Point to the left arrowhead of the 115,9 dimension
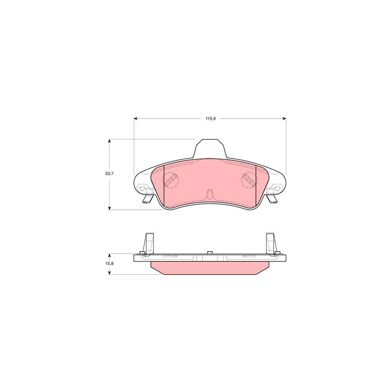136,118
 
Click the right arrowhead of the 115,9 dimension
285,118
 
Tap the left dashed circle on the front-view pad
170,179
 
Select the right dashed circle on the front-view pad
249,179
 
